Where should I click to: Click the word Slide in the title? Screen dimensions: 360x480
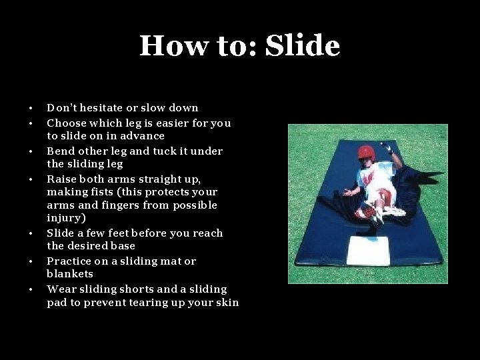303,46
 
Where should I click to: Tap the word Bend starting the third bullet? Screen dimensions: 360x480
59,151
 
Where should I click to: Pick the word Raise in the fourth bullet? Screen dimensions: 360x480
61,179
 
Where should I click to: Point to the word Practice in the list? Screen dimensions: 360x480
69,261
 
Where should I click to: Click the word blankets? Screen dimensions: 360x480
70,274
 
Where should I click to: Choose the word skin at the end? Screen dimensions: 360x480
227,303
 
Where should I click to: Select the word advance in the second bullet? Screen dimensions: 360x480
143,136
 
